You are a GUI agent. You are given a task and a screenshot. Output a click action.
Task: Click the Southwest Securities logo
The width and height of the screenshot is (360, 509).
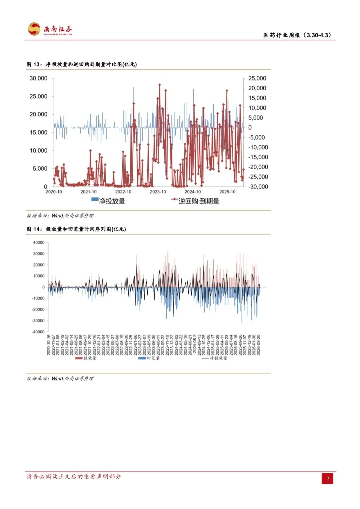pos(50,29)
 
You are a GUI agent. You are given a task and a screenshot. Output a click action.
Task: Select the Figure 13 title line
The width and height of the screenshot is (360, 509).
pos(82,64)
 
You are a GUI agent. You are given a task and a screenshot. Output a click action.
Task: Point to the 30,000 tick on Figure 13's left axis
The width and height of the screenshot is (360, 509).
pos(38,78)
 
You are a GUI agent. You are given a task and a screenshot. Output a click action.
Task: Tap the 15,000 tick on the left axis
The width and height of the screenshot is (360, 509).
pos(38,133)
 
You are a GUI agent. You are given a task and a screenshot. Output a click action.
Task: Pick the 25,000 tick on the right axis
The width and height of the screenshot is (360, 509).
pos(257,78)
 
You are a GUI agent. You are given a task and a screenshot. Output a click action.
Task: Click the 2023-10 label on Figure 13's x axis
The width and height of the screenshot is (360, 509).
pos(158,192)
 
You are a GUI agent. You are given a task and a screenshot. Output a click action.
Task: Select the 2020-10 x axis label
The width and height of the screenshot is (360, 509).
pos(54,192)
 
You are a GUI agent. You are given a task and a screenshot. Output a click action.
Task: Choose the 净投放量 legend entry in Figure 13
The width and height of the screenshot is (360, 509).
pos(108,201)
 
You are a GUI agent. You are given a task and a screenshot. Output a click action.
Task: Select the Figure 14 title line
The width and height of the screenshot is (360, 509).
pos(76,229)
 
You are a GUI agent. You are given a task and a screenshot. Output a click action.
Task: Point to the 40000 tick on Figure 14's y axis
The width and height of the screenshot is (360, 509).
pos(39,243)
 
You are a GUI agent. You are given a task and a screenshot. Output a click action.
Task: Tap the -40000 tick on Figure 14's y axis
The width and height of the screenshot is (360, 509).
pos(38,332)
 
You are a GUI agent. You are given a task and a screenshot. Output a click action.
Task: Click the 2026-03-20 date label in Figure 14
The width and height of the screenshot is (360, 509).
pos(259,345)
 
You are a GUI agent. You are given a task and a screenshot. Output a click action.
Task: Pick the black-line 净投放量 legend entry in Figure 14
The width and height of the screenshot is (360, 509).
pos(215,358)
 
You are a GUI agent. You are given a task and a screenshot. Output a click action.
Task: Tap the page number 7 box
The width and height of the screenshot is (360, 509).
pos(328,478)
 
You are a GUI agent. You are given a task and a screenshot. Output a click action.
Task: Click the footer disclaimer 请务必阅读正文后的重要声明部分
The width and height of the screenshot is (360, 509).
pos(74,477)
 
